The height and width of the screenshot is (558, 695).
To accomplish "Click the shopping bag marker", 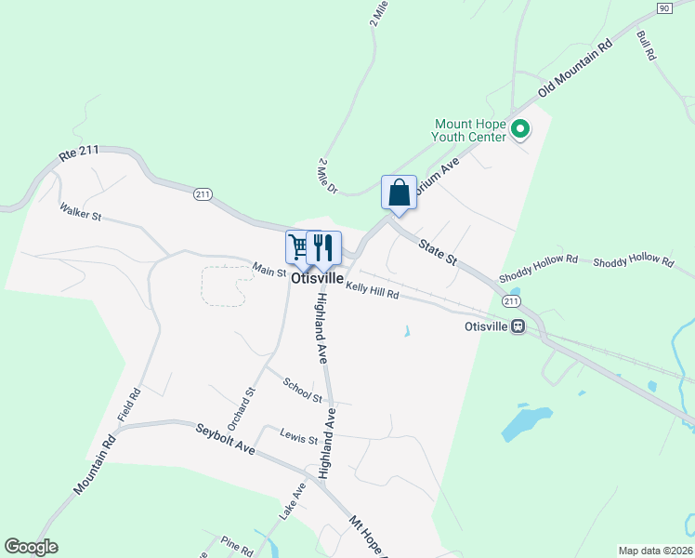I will pyautogui.click(x=399, y=193).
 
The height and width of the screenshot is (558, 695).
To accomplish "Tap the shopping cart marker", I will pyautogui.click(x=298, y=247).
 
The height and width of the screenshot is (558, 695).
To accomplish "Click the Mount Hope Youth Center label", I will pyautogui.click(x=469, y=130).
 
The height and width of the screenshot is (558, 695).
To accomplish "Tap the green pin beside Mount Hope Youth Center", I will pyautogui.click(x=521, y=131).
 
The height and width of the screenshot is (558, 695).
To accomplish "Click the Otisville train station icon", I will pyautogui.click(x=518, y=326).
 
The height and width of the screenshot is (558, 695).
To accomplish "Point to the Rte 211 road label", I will pyautogui.click(x=79, y=154).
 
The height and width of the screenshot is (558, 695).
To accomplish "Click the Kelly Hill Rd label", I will pyautogui.click(x=372, y=290).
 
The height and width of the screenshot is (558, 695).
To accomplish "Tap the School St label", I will pyautogui.click(x=303, y=391).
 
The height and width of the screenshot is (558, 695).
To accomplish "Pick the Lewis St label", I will pyautogui.click(x=299, y=435).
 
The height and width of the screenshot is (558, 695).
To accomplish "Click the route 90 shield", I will pyautogui.click(x=662, y=7).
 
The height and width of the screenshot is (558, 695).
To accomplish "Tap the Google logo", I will pyautogui.click(x=32, y=547).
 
